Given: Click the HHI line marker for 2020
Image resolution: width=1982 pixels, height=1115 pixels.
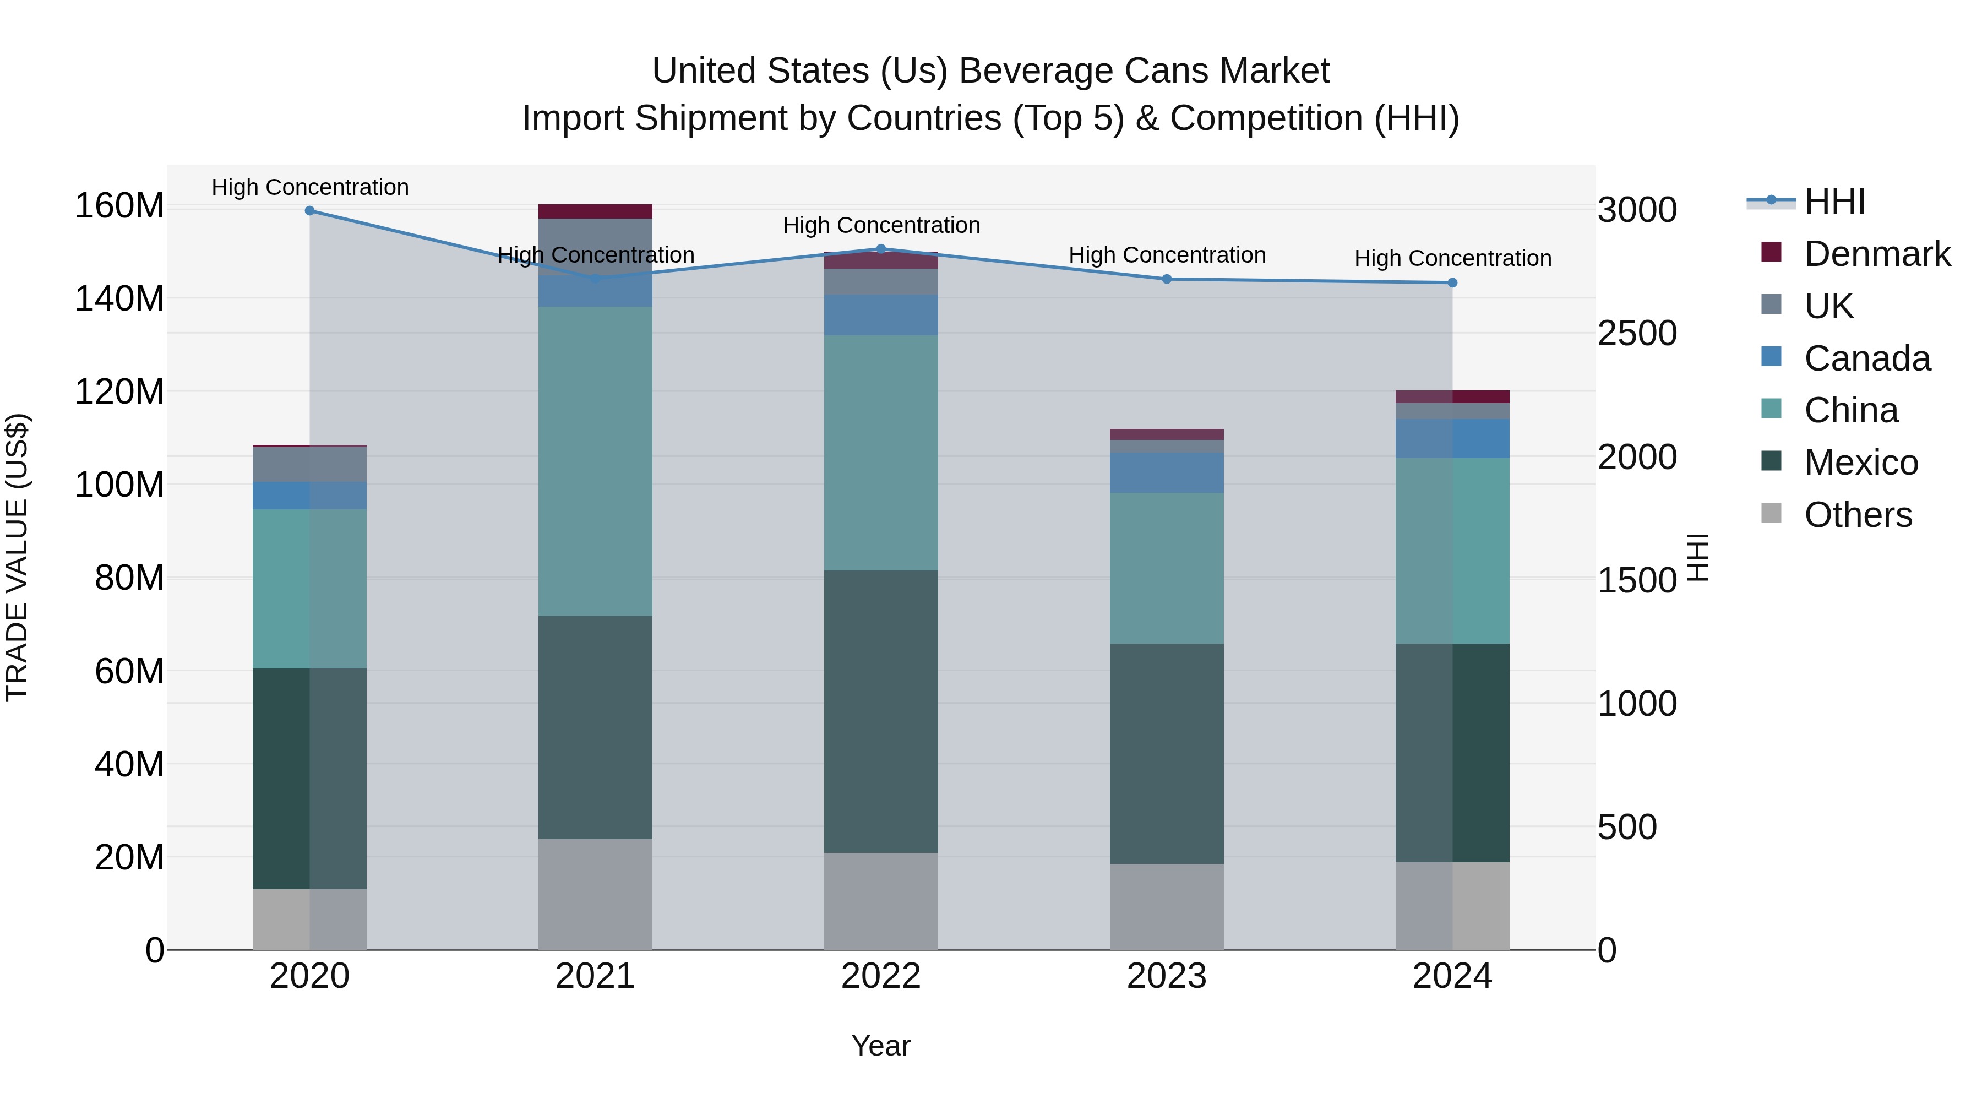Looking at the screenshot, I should tap(310, 211).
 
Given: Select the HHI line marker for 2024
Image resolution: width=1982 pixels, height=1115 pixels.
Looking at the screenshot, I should tap(1452, 283).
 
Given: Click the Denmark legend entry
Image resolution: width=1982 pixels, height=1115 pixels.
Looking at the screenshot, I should tap(1877, 254).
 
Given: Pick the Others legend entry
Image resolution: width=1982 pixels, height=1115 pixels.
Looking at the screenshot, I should tap(1858, 515).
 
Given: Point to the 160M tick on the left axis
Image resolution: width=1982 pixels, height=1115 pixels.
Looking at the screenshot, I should tap(119, 206).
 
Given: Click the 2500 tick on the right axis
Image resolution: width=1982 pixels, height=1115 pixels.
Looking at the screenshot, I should tap(1637, 333).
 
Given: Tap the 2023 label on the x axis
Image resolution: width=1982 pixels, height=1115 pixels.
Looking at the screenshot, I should tap(1167, 976).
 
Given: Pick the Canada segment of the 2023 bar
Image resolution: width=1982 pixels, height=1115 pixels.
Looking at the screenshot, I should tap(1167, 472).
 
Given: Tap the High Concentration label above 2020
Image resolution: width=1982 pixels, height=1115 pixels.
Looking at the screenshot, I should tap(310, 188).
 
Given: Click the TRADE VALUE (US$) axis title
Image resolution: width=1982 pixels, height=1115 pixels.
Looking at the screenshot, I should tap(18, 557).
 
